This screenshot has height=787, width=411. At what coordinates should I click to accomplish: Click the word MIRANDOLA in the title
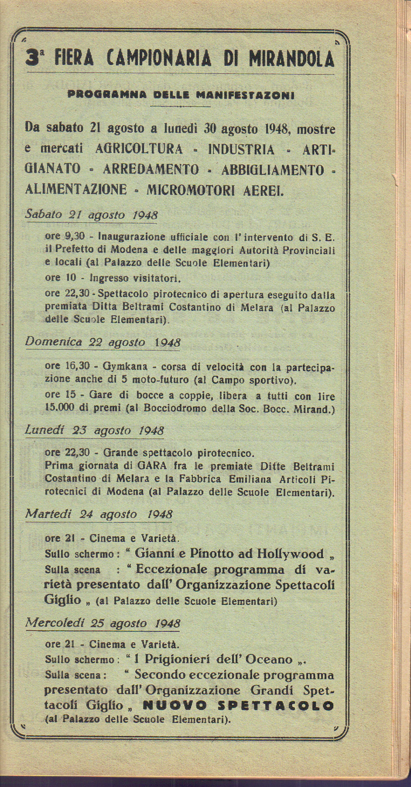coord(291,58)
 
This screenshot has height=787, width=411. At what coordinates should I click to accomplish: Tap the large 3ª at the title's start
coord(35,58)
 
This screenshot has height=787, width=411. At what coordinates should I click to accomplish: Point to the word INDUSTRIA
coord(241,150)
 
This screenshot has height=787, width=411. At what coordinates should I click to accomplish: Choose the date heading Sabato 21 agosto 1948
coord(91,215)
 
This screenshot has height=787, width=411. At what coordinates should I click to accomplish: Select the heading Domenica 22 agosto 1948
coord(103,342)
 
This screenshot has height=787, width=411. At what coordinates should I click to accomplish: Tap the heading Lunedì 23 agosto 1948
coord(94,430)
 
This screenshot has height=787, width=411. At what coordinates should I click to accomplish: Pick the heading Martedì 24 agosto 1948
coord(99,514)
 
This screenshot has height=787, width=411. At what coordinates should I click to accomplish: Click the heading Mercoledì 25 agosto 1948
coord(103,623)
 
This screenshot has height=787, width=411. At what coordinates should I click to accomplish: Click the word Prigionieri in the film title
coord(177,659)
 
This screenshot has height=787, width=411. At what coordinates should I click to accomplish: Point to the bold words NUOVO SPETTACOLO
coord(238,706)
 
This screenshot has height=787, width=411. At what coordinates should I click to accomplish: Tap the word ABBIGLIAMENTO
coord(273,170)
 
